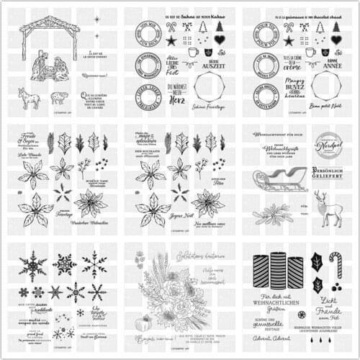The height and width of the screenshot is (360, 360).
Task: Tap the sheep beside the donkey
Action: [x=60, y=96]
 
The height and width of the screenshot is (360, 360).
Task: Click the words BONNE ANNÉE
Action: [x=328, y=63]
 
